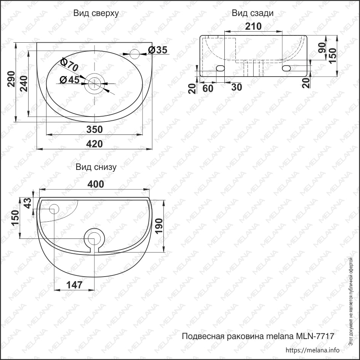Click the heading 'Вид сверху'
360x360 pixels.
[96, 13]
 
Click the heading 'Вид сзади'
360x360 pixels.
[253, 13]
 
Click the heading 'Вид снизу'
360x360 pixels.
[96, 167]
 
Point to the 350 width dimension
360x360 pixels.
[94, 130]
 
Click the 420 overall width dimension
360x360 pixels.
[94, 144]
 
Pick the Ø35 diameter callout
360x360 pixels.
[157, 50]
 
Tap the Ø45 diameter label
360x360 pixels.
[69, 80]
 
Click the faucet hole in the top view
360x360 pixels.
[135, 54]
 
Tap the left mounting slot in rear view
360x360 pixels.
[220, 69]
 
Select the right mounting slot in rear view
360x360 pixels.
[286, 68]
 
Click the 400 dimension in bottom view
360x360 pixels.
[95, 184]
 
